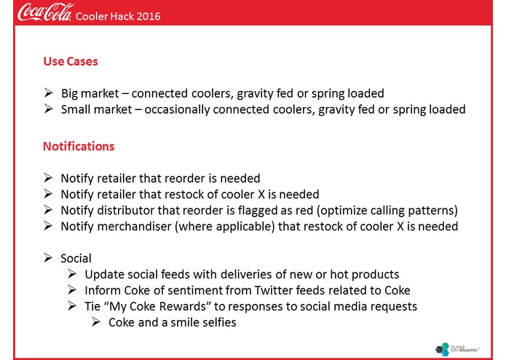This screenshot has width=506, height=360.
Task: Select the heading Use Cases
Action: pyautogui.click(x=71, y=62)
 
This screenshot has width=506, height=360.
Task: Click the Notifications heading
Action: pyautogui.click(x=79, y=146)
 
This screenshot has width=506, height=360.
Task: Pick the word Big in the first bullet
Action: pyautogui.click(x=70, y=94)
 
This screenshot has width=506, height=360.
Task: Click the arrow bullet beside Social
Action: pyautogui.click(x=48, y=259)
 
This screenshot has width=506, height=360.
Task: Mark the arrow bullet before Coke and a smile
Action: pyautogui.click(x=96, y=322)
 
